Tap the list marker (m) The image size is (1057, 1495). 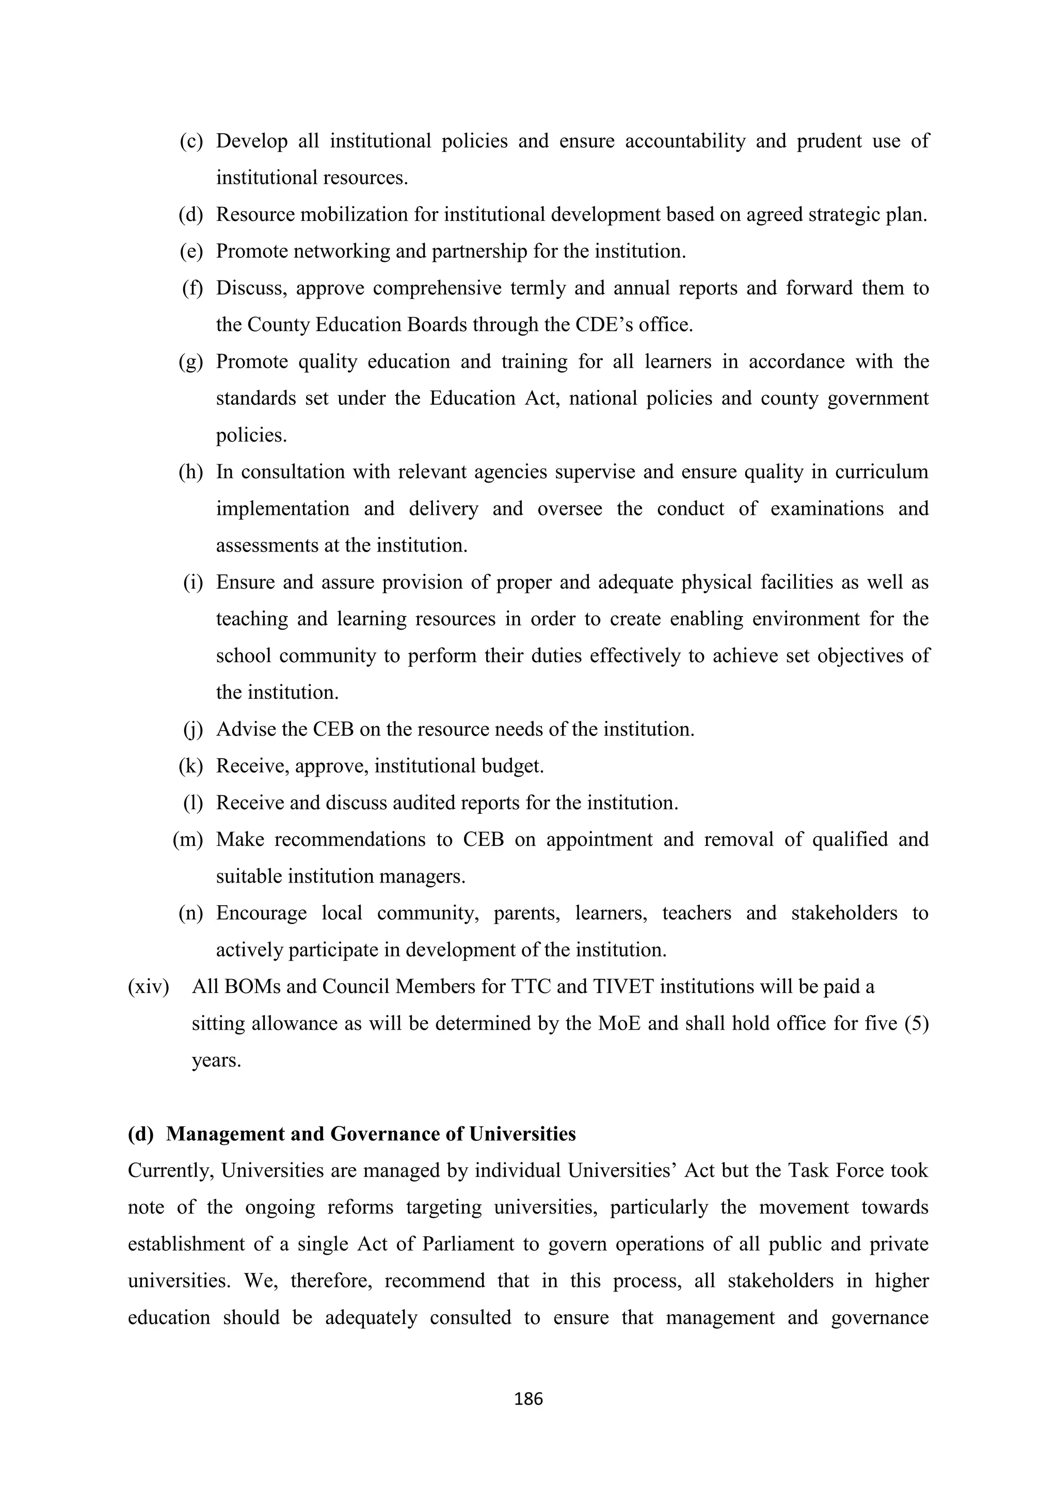(x=187, y=840)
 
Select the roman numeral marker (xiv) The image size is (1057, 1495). (x=149, y=987)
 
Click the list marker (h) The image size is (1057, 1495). (x=190, y=472)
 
